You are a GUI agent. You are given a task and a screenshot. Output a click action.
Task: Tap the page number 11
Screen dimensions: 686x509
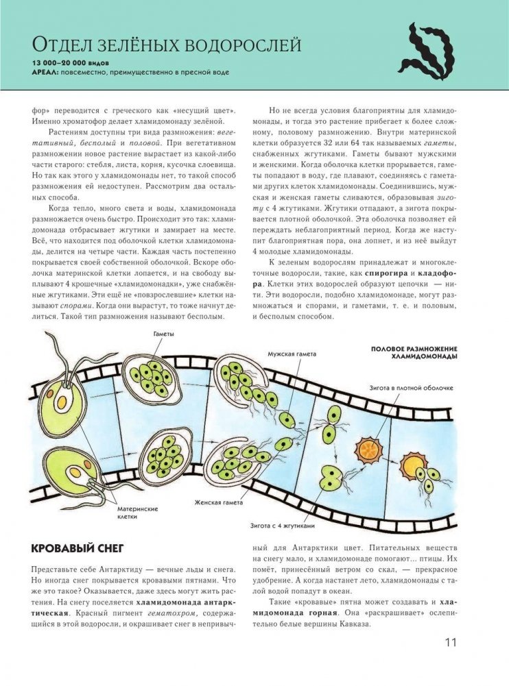click(x=450, y=642)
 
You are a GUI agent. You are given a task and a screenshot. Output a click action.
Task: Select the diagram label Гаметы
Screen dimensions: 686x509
click(x=163, y=334)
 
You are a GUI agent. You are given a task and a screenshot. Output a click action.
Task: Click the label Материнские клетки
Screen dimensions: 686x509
click(x=141, y=513)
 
